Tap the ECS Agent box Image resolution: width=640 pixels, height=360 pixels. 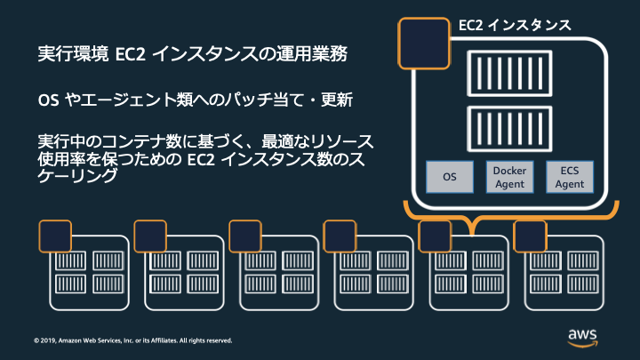tap(569, 177)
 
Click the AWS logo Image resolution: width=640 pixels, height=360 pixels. tap(583, 336)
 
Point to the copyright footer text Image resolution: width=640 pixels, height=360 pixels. tap(132, 340)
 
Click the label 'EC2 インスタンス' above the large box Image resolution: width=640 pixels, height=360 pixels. tap(515, 24)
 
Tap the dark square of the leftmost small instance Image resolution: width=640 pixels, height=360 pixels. tap(56, 236)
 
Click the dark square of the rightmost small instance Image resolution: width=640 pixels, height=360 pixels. tap(530, 236)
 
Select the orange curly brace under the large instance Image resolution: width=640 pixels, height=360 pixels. tap(509, 216)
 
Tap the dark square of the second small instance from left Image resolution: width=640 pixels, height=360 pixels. tap(150, 236)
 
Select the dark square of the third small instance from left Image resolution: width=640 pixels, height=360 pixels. tap(245, 236)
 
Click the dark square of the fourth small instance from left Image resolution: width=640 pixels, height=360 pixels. tap(340, 236)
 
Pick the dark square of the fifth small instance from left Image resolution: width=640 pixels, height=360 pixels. tap(435, 236)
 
